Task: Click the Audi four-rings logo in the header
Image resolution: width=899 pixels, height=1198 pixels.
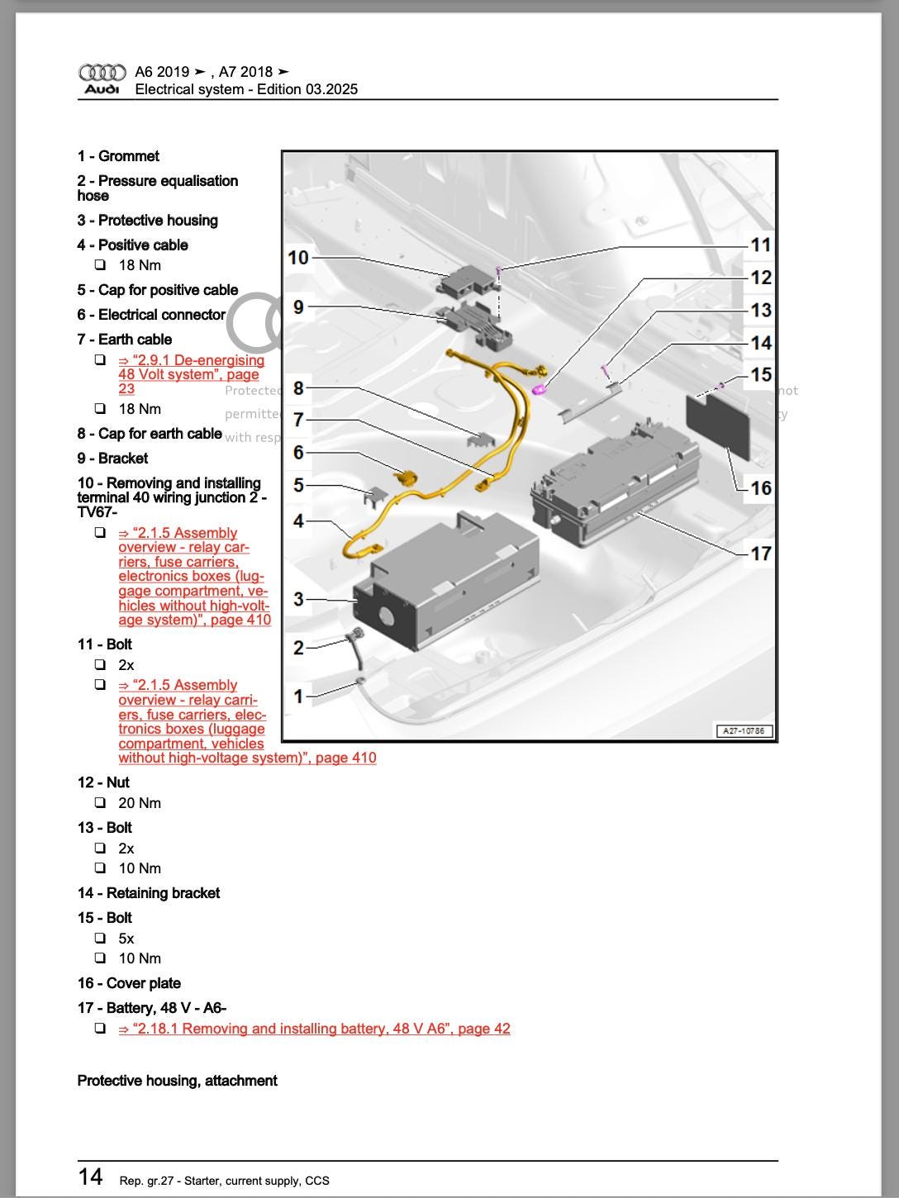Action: [x=102, y=73]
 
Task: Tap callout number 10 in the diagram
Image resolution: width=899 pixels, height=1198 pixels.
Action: [x=297, y=258]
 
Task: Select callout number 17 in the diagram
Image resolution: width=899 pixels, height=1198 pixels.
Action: [x=760, y=554]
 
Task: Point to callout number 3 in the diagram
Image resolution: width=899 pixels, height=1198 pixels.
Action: [x=298, y=599]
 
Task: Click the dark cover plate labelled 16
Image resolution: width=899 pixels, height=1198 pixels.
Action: [x=717, y=425]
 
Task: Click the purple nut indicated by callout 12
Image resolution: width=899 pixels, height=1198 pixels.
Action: [x=539, y=389]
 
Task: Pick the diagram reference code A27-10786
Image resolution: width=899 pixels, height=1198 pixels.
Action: [x=743, y=731]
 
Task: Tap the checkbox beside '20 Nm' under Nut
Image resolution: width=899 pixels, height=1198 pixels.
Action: [x=100, y=803]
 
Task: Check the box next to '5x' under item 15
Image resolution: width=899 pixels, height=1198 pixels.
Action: [x=100, y=939]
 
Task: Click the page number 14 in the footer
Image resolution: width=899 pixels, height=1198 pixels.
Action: [x=91, y=1177]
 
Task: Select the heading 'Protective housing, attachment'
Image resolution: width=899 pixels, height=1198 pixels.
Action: [x=177, y=1081]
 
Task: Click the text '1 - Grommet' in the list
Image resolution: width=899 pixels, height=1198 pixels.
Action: [x=118, y=156]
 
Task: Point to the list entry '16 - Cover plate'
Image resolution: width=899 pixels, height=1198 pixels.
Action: [x=129, y=983]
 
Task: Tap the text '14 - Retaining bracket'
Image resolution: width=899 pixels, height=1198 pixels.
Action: [x=149, y=893]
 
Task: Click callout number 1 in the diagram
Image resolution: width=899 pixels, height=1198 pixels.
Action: [x=298, y=696]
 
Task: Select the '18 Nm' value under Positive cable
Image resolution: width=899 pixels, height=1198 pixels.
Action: [x=140, y=265]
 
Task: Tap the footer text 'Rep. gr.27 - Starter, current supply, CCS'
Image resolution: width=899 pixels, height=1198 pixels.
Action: [x=224, y=1181]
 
